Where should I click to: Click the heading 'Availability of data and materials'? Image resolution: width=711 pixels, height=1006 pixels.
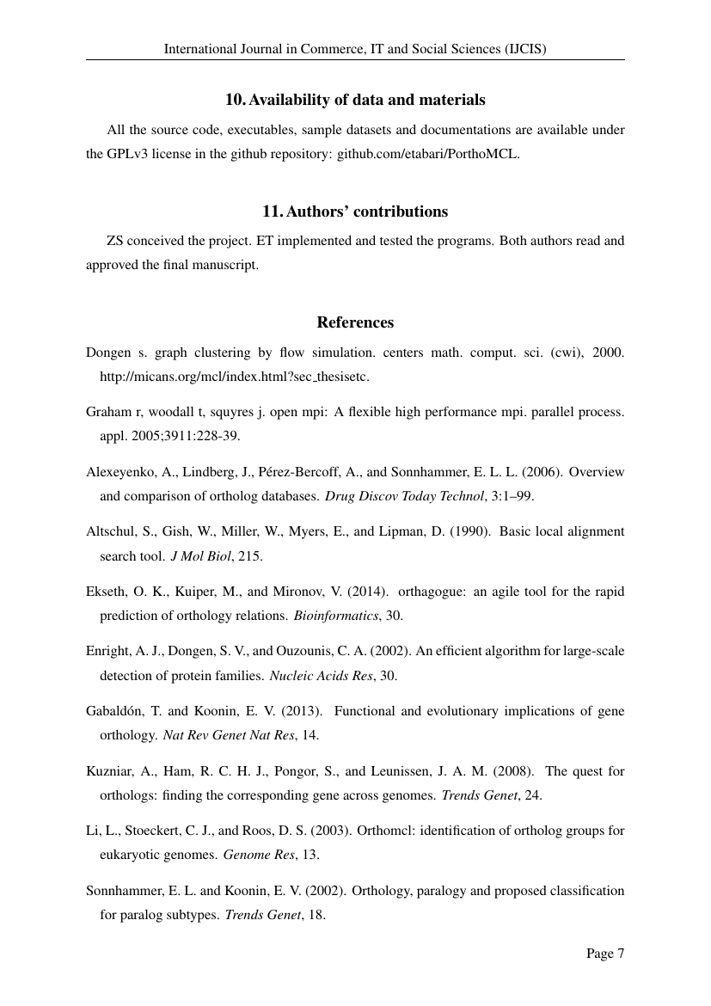(x=355, y=100)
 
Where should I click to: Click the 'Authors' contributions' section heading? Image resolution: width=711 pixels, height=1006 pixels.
(x=355, y=212)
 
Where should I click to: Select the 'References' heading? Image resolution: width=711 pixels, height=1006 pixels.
(x=355, y=322)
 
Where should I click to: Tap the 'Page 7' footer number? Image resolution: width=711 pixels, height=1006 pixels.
(x=605, y=953)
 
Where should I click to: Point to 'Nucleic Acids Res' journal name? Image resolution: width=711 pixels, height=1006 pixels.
(x=322, y=675)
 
